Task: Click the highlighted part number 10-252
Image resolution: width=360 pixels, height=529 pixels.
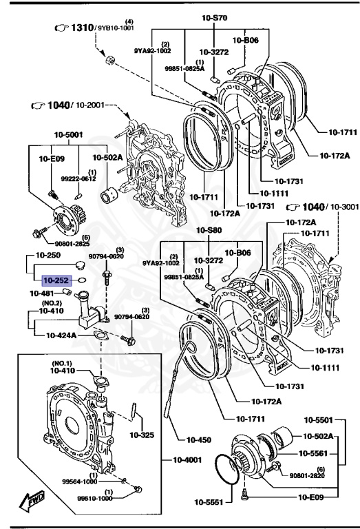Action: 56,281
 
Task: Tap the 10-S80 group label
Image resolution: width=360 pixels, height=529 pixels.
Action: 209,230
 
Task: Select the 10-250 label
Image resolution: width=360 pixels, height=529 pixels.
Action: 56,256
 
